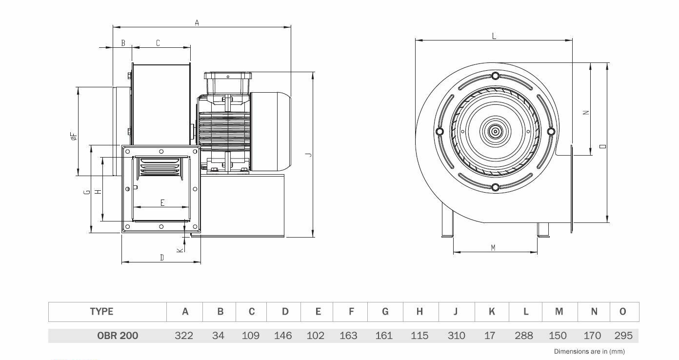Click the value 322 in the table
184,336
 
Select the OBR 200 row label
118,336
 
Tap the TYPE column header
101,312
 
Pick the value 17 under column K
490,336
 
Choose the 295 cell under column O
623,336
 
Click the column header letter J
456,312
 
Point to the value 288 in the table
524,336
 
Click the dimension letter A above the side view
197,22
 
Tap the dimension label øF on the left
74,137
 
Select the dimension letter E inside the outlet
162,203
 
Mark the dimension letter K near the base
180,250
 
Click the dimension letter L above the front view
494,37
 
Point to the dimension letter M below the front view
493,248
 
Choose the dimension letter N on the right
586,113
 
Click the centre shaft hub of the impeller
495,132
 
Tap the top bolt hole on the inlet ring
495,76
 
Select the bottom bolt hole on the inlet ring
495,187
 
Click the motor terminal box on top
228,83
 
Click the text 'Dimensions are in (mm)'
589,352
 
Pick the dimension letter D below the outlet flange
162,258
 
